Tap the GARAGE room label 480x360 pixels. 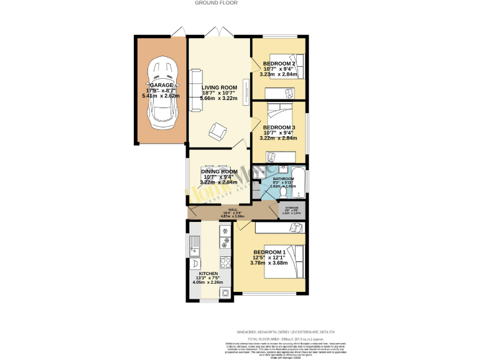(161, 85)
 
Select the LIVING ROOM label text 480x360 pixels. (219, 87)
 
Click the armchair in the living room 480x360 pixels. (218, 131)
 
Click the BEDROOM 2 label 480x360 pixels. (279, 64)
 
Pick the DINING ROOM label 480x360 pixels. (219, 171)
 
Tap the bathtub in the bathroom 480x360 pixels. (299, 181)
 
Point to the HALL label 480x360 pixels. (232, 210)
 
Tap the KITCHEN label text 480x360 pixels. (207, 274)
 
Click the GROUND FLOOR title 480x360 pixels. (216, 3)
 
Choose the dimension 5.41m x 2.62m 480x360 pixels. (161, 96)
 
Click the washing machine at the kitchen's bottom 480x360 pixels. (224, 292)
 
